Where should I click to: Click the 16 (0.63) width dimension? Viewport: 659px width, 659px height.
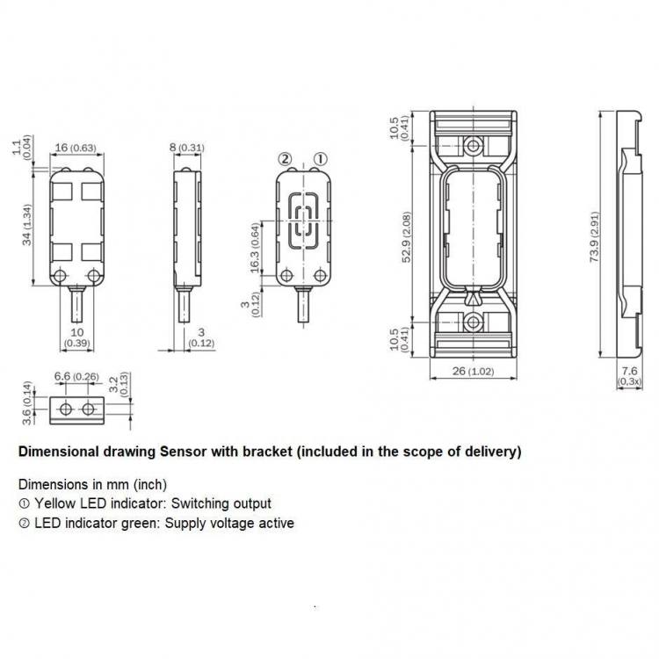(76, 148)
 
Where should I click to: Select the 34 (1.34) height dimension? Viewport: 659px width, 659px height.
(27, 224)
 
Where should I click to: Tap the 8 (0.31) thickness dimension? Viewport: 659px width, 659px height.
(187, 148)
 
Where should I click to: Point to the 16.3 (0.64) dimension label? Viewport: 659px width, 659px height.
(255, 248)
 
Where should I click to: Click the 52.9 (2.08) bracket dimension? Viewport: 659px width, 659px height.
(407, 236)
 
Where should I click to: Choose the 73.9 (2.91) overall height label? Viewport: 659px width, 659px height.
(594, 236)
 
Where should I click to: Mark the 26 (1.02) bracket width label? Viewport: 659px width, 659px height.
(473, 371)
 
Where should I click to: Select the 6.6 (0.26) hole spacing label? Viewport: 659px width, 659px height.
(76, 376)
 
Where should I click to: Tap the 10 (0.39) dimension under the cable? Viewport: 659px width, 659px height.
(77, 337)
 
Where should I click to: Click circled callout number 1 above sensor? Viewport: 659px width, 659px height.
(320, 159)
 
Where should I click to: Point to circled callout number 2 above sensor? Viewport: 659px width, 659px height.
(285, 159)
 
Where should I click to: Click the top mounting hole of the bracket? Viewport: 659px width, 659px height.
(474, 146)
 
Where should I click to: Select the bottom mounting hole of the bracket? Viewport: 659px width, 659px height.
(474, 322)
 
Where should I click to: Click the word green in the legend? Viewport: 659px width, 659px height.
(140, 524)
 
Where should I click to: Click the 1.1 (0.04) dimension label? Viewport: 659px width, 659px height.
(22, 147)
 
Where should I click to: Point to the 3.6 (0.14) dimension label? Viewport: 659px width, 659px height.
(27, 403)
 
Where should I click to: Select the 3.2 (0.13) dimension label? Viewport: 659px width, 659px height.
(119, 384)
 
